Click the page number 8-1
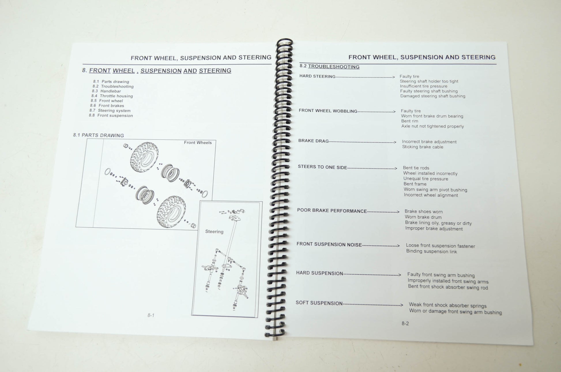(x=151, y=315)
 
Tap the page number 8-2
(x=405, y=324)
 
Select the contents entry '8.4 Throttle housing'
(x=112, y=96)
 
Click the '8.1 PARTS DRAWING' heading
(x=98, y=135)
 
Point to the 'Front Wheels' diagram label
(x=198, y=143)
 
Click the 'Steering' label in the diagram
(x=214, y=231)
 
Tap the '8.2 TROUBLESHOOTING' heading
(x=330, y=66)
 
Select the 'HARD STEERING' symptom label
(x=317, y=76)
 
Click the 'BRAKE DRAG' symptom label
(x=313, y=141)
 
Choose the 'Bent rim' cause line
(x=410, y=121)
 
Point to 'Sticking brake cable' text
(x=423, y=147)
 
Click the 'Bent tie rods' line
(x=416, y=168)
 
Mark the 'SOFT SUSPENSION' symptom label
(x=319, y=303)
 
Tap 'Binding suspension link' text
(x=432, y=251)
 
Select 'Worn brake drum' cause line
(x=423, y=217)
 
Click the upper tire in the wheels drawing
(x=144, y=156)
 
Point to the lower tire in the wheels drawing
(x=171, y=212)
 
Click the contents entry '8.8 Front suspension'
(x=111, y=115)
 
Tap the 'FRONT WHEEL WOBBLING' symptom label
(x=328, y=111)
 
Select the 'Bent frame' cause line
(x=415, y=184)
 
